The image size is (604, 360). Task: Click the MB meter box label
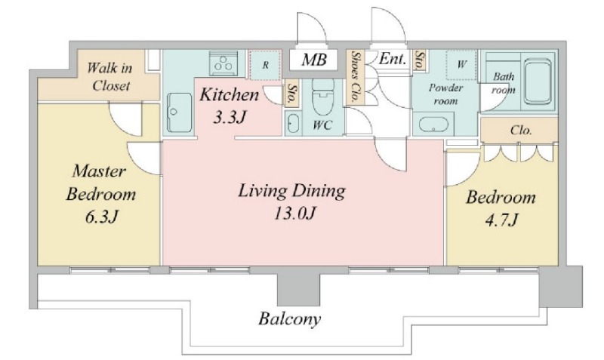(x=314, y=60)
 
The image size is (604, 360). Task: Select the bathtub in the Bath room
(x=538, y=82)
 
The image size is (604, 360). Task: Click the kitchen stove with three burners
(x=223, y=63)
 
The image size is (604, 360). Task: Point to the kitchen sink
(x=179, y=112)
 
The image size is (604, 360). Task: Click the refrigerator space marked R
(x=265, y=65)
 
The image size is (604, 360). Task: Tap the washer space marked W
(x=461, y=64)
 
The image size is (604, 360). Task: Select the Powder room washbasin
(x=433, y=125)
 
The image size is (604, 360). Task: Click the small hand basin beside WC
(x=293, y=124)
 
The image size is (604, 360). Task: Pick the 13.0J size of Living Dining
(x=294, y=214)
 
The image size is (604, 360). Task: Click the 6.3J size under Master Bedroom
(x=101, y=217)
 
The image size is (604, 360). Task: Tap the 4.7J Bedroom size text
(x=501, y=221)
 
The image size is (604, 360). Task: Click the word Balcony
(x=290, y=319)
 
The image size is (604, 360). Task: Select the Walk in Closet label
(x=110, y=77)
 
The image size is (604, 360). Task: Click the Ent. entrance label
(x=392, y=59)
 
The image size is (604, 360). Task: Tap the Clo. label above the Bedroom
(x=521, y=131)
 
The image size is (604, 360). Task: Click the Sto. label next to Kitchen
(x=291, y=94)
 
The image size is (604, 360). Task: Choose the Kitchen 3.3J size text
(x=230, y=118)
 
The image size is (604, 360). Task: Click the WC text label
(x=322, y=125)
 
